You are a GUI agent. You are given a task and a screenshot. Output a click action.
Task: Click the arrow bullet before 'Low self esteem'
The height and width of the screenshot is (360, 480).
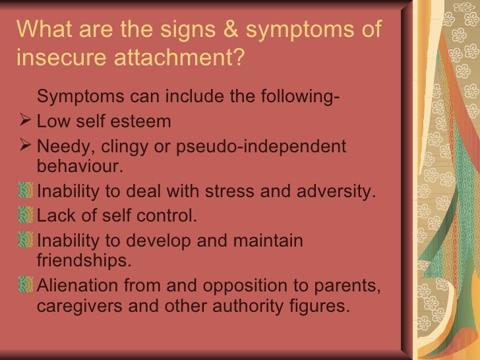[x=28, y=122]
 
